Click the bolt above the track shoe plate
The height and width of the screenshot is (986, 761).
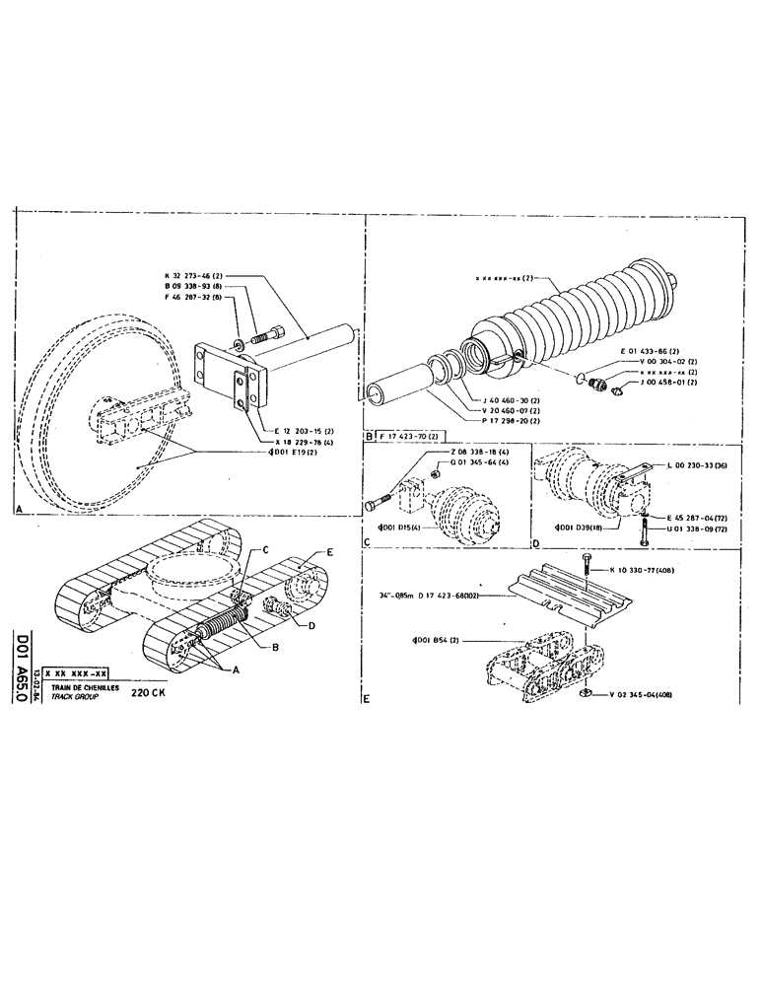point(586,565)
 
